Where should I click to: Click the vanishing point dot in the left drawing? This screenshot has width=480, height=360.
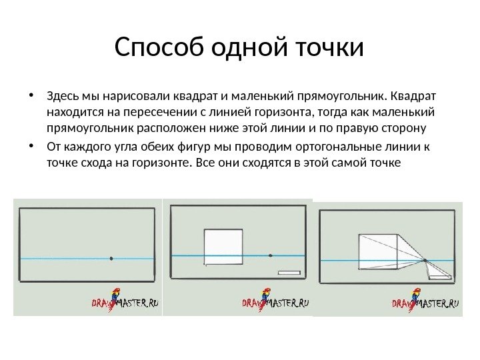click(x=111, y=258)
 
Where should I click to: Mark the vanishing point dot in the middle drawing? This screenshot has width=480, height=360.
click(x=270, y=255)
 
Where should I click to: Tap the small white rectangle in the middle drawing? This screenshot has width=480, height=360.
click(x=290, y=273)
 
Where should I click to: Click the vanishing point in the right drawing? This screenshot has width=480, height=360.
click(x=425, y=259)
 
